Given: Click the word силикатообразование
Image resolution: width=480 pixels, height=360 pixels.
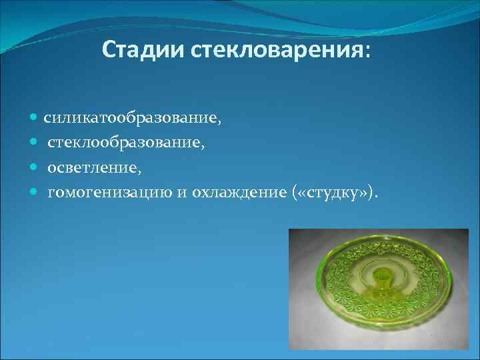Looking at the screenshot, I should [x=129, y=118].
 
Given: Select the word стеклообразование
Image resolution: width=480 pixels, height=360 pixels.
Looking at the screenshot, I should [x=126, y=143].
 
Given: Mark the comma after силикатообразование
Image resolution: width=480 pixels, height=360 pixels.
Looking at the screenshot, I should [x=219, y=122].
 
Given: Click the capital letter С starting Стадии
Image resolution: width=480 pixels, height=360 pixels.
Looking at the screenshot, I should [x=109, y=51].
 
